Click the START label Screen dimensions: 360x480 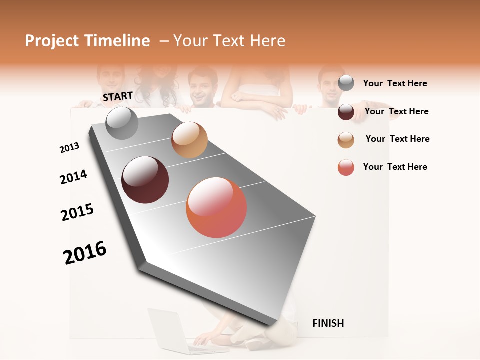click(118, 96)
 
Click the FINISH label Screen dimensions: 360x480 click(328, 323)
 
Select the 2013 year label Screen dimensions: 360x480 click(69, 148)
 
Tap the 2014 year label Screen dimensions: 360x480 click(73, 177)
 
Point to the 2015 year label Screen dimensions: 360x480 click(77, 212)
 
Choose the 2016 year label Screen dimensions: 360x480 click(85, 252)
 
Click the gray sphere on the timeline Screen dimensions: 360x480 click(122, 123)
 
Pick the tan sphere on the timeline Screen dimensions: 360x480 click(189, 140)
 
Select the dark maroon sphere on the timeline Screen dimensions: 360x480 click(145, 180)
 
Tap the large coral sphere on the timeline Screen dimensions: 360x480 click(216, 207)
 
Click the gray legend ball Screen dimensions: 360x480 click(346, 83)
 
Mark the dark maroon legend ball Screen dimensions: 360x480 click(346, 112)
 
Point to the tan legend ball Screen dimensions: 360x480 click(346, 140)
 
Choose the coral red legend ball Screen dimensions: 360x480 click(346, 167)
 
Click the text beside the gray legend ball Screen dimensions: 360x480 click(395, 83)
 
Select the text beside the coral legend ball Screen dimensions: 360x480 click(395, 167)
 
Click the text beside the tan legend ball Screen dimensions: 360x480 click(397, 139)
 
